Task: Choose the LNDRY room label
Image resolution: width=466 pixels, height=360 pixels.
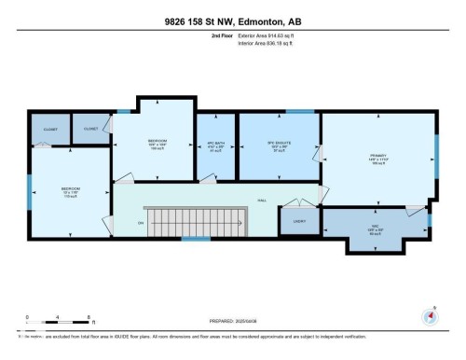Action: (x=298, y=222)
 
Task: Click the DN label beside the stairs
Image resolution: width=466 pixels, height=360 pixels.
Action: (x=141, y=222)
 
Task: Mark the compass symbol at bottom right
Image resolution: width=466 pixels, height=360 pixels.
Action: (x=429, y=314)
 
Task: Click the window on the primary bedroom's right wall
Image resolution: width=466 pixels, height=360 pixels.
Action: (x=437, y=148)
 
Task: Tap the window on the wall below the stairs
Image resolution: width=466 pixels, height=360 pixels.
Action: (x=196, y=239)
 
